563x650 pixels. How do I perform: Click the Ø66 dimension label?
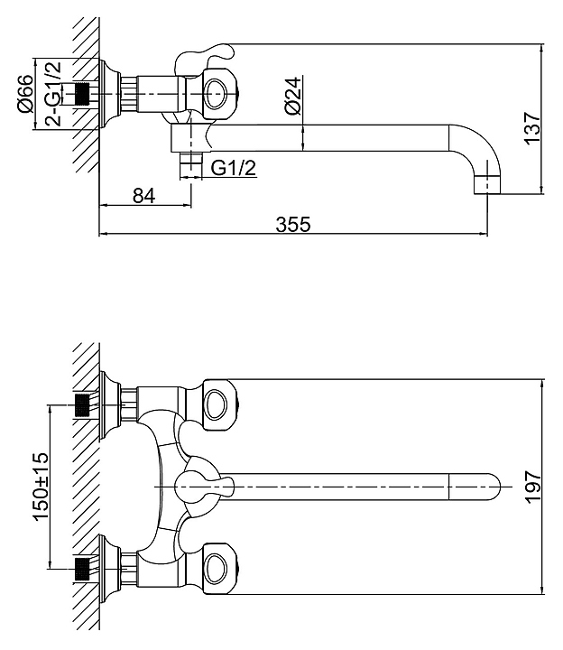tap(24, 94)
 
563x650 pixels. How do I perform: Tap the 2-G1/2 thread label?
tap(53, 94)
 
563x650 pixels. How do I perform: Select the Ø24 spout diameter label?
tap(293, 96)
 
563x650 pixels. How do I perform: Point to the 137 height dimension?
tap(532, 128)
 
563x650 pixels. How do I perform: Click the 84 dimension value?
tap(143, 196)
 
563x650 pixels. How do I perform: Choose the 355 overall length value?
tap(293, 225)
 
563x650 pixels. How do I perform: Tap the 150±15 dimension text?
tap(41, 487)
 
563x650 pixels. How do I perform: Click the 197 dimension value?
tap(533, 487)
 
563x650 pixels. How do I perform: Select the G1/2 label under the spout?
tap(234, 168)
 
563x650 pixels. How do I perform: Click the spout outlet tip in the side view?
tap(487, 184)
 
